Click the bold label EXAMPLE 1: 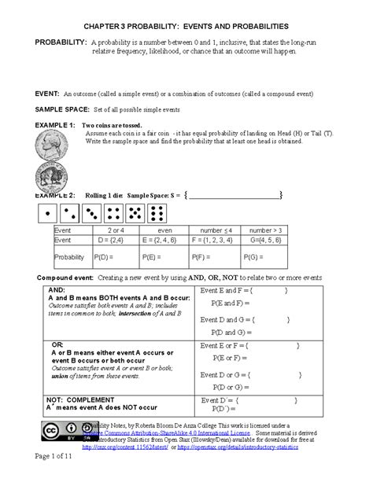(50, 125)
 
